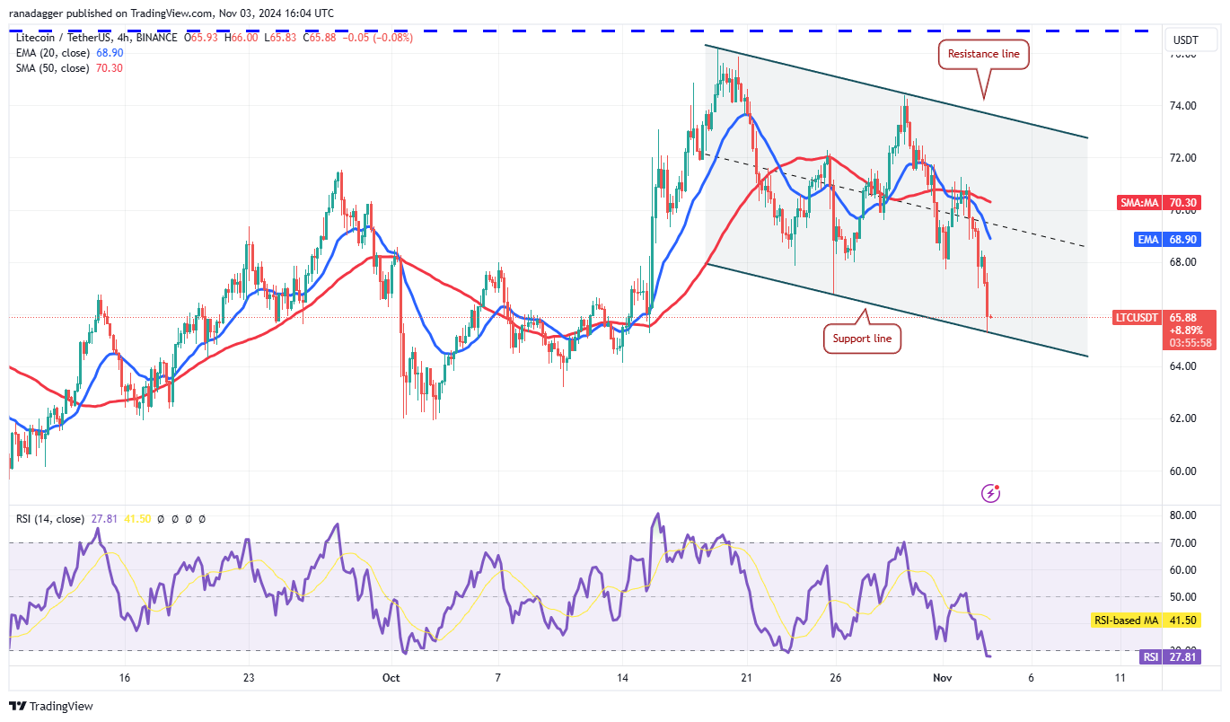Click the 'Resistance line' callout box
tap(984, 54)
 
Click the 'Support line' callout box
tap(861, 339)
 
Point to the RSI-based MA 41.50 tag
tap(1146, 621)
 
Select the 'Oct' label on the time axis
tap(391, 678)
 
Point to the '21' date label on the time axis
tap(746, 678)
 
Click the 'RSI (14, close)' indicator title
tap(49, 519)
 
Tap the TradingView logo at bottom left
tap(52, 707)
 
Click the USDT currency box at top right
tap(1186, 40)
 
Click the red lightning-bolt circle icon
tap(991, 493)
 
